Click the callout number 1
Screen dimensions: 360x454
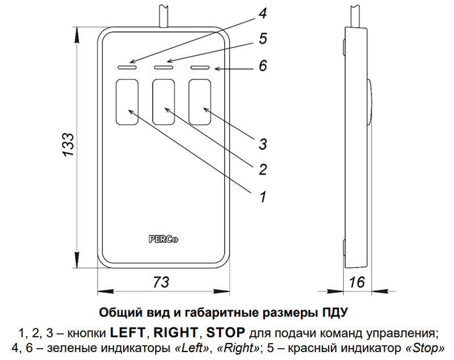[x=263, y=197]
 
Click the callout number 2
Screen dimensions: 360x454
[x=263, y=169]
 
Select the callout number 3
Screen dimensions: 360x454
[x=263, y=143]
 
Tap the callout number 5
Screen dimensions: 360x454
[x=263, y=39]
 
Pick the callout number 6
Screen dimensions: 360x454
[x=263, y=66]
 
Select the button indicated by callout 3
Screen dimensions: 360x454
[x=200, y=102]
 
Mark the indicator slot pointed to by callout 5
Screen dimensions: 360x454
[x=164, y=67]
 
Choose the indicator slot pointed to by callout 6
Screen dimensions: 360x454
[x=200, y=67]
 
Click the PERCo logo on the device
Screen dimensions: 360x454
[x=163, y=239]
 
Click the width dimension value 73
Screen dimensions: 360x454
[x=162, y=282]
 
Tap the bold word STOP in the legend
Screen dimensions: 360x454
[x=226, y=332]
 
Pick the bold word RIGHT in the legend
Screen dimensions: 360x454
[x=175, y=332]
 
